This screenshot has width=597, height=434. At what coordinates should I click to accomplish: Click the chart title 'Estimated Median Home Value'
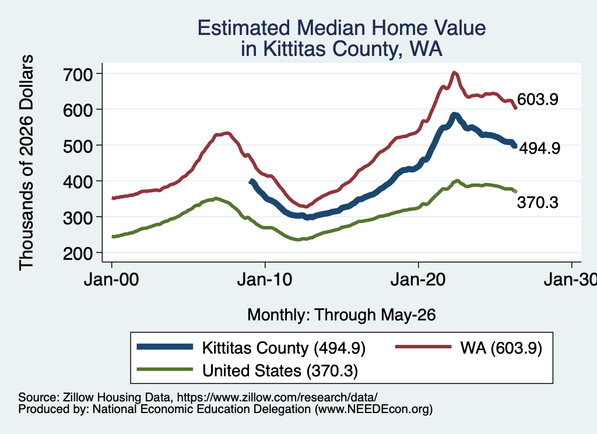tap(342, 28)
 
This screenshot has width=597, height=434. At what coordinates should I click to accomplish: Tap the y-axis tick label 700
tap(78, 75)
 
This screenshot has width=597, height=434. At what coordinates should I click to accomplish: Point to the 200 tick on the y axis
tap(78, 253)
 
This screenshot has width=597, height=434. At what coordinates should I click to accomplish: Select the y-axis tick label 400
tap(78, 182)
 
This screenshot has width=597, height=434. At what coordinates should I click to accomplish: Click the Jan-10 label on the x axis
tap(265, 280)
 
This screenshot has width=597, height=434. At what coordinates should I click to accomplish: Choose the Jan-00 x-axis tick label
tap(111, 280)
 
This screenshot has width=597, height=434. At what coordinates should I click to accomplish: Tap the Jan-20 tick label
tap(418, 280)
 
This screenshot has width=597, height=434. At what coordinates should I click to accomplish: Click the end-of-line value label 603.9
tap(538, 99)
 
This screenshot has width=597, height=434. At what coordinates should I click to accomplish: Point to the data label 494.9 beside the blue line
tap(540, 149)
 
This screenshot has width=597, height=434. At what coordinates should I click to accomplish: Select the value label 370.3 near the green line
tap(538, 202)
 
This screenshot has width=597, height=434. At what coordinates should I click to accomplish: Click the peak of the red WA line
tap(454, 72)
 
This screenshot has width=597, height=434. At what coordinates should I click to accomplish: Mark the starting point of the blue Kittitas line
tap(251, 181)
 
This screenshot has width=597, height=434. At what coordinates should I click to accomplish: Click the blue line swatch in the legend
tap(165, 347)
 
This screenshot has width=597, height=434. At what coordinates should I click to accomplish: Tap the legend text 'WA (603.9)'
tap(501, 348)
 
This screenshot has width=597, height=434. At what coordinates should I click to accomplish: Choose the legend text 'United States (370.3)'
tap(280, 371)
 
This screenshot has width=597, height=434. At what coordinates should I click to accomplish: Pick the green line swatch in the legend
tap(165, 369)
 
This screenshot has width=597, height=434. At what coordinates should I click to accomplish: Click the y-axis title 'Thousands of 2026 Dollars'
tap(26, 163)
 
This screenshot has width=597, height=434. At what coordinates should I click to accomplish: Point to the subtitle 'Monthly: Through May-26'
tap(342, 315)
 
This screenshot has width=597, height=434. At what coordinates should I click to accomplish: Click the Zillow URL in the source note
tap(277, 397)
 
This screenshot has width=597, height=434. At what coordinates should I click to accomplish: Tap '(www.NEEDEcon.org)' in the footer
tap(374, 410)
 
